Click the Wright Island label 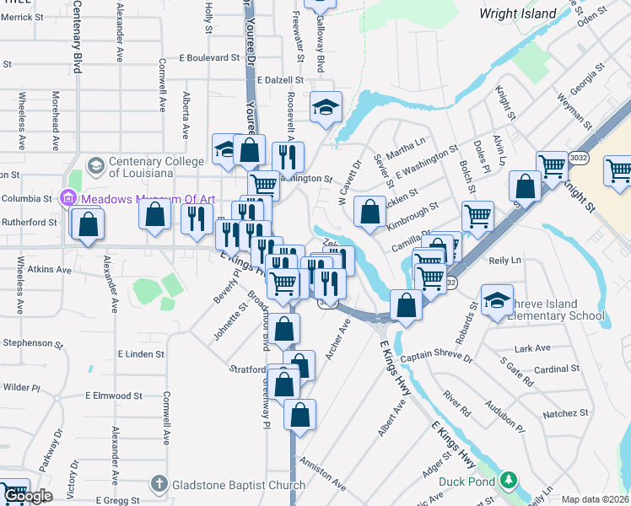pos(517,13)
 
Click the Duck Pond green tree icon pos(507,481)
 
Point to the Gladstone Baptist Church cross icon pos(159,485)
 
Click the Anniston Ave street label pos(322,476)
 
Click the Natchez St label pos(565,413)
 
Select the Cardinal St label pos(556,369)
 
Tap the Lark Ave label pos(531,347)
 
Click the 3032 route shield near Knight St pos(579,157)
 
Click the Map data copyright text pos(596,499)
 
